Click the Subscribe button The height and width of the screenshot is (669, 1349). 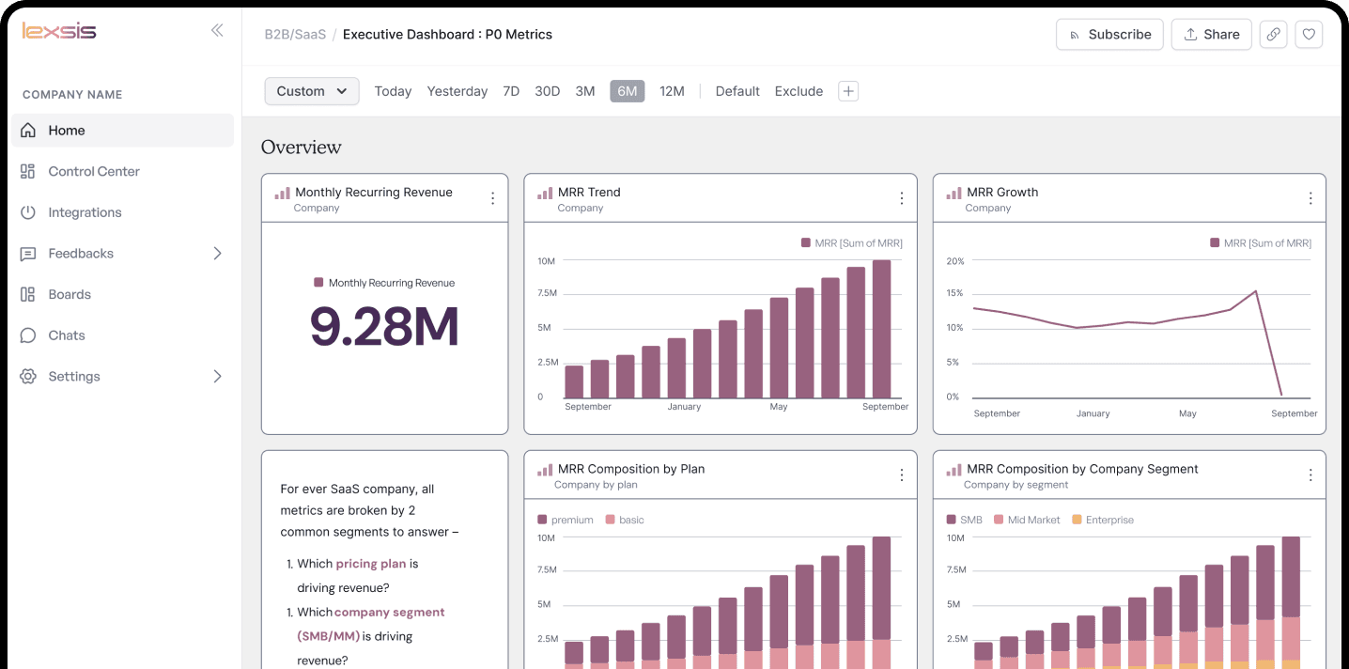[1109, 35]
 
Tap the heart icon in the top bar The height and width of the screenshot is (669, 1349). [1309, 35]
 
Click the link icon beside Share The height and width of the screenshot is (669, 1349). [1273, 35]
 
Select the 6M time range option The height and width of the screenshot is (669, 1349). [627, 91]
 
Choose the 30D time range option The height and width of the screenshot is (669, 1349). [547, 91]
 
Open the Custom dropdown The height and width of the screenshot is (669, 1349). [312, 91]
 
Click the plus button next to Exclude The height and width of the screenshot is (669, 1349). [848, 91]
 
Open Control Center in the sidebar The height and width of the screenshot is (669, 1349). [94, 172]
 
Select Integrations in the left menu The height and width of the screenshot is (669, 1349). [85, 212]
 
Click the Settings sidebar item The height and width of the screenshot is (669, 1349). [74, 377]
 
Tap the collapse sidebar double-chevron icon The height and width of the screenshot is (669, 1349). [217, 30]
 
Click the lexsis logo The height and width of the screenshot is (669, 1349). [59, 31]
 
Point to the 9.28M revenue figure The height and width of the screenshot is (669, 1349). [384, 326]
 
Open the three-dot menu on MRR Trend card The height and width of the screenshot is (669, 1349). [901, 198]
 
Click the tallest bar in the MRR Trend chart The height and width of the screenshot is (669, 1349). [881, 329]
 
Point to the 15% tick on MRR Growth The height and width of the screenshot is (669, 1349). [954, 293]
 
